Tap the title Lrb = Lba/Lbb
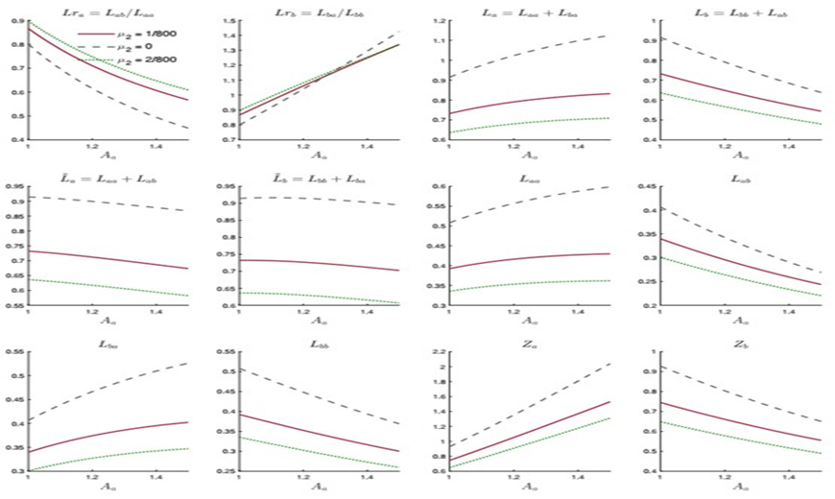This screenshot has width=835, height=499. pyautogui.click(x=316, y=9)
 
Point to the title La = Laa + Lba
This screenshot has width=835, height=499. pyautogui.click(x=527, y=9)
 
